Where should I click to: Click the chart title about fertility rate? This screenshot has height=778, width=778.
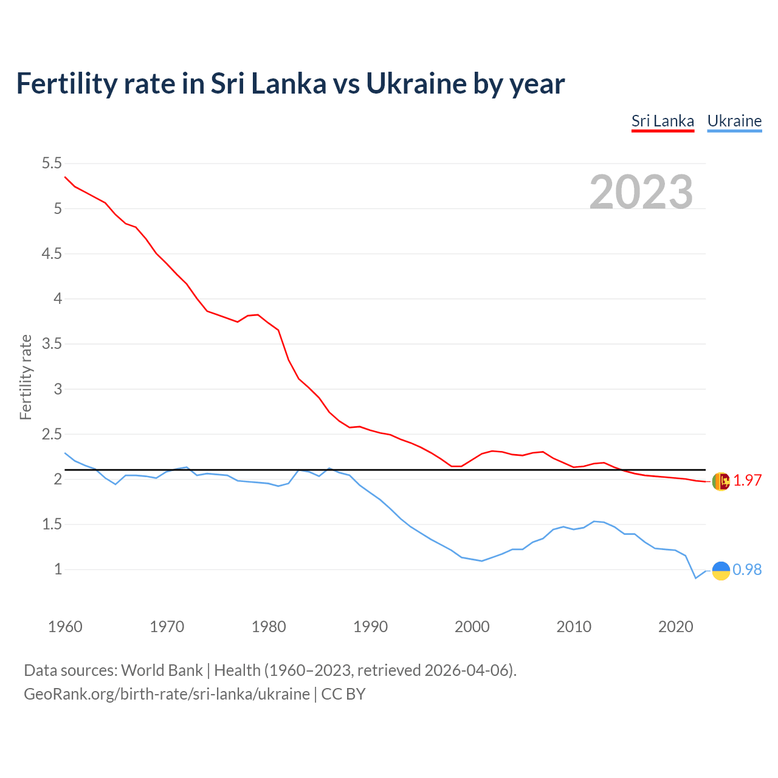(x=291, y=84)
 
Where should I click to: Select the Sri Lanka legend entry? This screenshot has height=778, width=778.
(x=663, y=121)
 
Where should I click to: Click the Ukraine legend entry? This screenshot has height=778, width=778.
(x=734, y=121)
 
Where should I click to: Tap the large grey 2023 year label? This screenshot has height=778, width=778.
(x=641, y=192)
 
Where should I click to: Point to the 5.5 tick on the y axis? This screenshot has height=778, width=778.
(x=52, y=163)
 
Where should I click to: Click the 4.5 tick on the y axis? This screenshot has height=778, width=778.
(x=52, y=253)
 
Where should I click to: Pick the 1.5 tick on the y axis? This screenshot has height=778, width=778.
(x=52, y=525)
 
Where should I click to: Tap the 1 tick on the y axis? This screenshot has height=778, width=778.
(x=58, y=570)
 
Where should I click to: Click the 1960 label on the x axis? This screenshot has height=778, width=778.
(x=65, y=627)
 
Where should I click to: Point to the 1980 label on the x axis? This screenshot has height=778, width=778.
(x=269, y=627)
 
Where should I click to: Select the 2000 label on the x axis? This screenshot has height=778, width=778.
(x=472, y=627)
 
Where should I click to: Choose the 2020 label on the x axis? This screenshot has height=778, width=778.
(x=675, y=627)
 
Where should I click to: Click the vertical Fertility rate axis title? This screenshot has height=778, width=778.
(x=26, y=377)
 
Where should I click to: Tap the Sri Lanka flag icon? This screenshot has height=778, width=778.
(x=720, y=481)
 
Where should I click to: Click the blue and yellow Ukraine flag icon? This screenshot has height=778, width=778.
(x=720, y=570)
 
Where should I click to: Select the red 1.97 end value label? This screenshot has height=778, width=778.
(x=747, y=480)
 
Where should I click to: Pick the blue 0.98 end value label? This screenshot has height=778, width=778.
(x=747, y=570)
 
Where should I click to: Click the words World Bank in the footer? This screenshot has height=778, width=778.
(x=162, y=670)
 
